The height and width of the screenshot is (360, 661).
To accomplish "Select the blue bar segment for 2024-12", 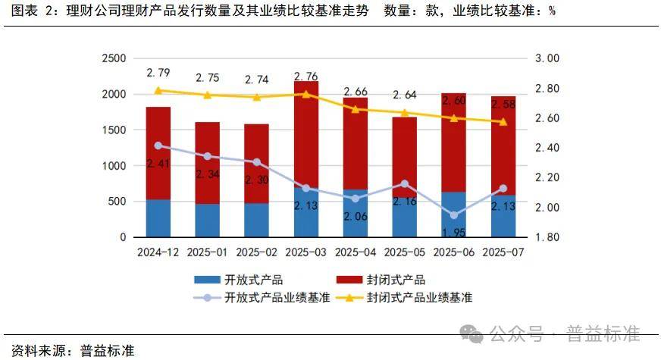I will click(x=158, y=218).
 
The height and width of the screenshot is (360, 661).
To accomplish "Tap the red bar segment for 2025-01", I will click(x=207, y=162).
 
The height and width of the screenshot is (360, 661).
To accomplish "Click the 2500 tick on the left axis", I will click(x=114, y=58).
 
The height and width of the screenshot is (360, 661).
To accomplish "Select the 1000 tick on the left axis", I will click(x=114, y=166).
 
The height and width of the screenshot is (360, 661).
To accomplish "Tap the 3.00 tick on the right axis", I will click(x=547, y=58).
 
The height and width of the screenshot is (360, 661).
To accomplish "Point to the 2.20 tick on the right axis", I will click(x=547, y=177).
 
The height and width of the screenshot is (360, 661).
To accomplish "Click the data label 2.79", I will click(x=158, y=73).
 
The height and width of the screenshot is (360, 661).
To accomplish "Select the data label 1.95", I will click(x=453, y=231).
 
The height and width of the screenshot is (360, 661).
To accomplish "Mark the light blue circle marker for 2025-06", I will click(x=453, y=215).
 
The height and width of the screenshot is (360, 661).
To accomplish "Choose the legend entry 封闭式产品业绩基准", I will click(x=419, y=298).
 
